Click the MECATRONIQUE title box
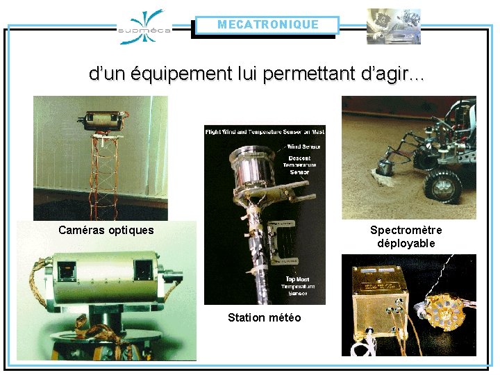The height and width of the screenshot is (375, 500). [x=267, y=25]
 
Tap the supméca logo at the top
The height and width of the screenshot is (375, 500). [x=144, y=27]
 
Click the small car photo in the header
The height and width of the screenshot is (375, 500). [x=393, y=26]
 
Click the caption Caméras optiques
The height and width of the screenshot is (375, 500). [x=106, y=230]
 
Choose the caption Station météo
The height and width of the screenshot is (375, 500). [x=265, y=317]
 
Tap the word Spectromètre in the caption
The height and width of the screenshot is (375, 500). [x=406, y=230]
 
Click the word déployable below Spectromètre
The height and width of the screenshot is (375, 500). [x=406, y=243]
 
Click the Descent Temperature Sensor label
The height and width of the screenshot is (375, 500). [x=303, y=165]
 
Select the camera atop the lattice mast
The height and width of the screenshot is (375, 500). [x=105, y=122]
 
